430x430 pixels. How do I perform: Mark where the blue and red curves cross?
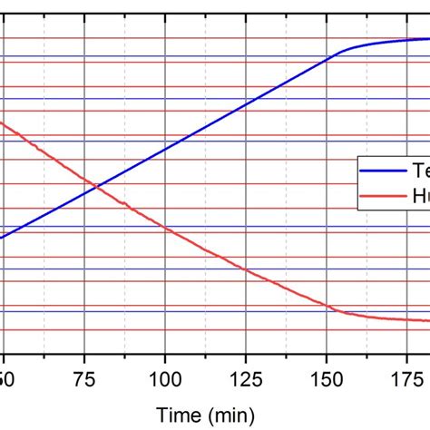coord(95,189)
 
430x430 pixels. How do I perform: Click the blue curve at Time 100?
coord(164,148)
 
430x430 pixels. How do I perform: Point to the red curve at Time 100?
coord(164,227)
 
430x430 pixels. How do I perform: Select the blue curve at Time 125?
coord(245,103)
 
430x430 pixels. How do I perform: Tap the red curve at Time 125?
coord(245,269)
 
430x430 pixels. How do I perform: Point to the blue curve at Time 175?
coord(406,40)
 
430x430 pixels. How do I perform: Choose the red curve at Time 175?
coord(406,319)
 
